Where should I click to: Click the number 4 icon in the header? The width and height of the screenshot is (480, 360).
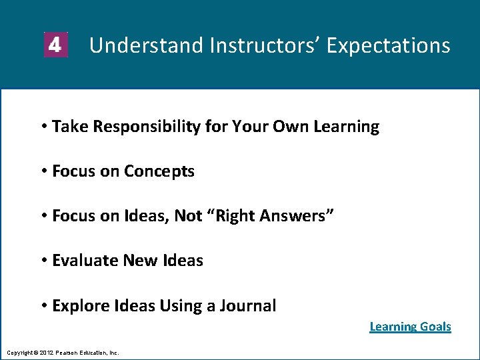[55, 45]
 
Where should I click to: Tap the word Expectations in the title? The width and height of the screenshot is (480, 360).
[389, 45]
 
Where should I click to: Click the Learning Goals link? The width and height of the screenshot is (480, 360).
[410, 327]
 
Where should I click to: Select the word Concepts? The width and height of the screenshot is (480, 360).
[159, 171]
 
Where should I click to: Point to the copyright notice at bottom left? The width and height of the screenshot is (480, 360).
[63, 352]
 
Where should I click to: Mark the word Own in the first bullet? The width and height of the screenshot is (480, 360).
[287, 127]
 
